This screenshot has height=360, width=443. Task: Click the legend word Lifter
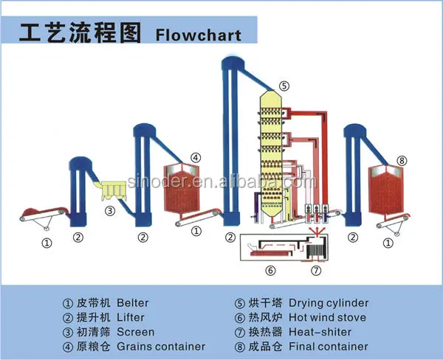(x=130, y=317)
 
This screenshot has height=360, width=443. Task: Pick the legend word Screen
(x=134, y=331)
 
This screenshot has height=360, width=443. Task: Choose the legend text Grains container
(x=161, y=346)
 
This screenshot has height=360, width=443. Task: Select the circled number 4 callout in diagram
(x=195, y=156)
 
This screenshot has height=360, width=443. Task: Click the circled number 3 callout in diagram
(x=110, y=211)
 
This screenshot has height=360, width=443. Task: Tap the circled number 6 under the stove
(x=269, y=271)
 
